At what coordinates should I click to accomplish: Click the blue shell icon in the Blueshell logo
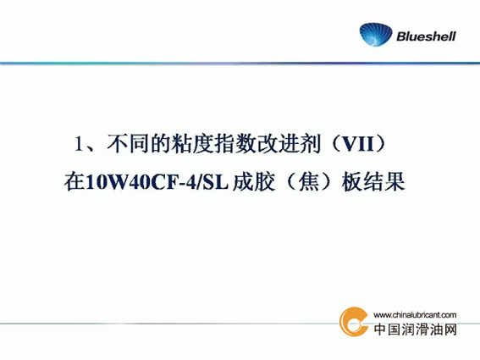point(376,35)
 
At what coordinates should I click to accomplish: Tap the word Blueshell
point(426,36)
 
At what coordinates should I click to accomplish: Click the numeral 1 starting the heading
point(78,144)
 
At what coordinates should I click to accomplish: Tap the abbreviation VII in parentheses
point(358,144)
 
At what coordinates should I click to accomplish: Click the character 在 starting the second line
point(74,181)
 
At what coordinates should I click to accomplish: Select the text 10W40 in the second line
point(117,182)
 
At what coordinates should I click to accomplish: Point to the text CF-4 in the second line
point(173,182)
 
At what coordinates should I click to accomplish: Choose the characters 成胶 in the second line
point(254,181)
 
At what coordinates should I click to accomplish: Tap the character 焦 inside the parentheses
point(309,181)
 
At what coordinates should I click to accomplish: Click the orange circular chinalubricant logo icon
point(354,322)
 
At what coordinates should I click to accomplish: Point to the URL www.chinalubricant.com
point(415,315)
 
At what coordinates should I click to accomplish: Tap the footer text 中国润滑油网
point(416,330)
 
